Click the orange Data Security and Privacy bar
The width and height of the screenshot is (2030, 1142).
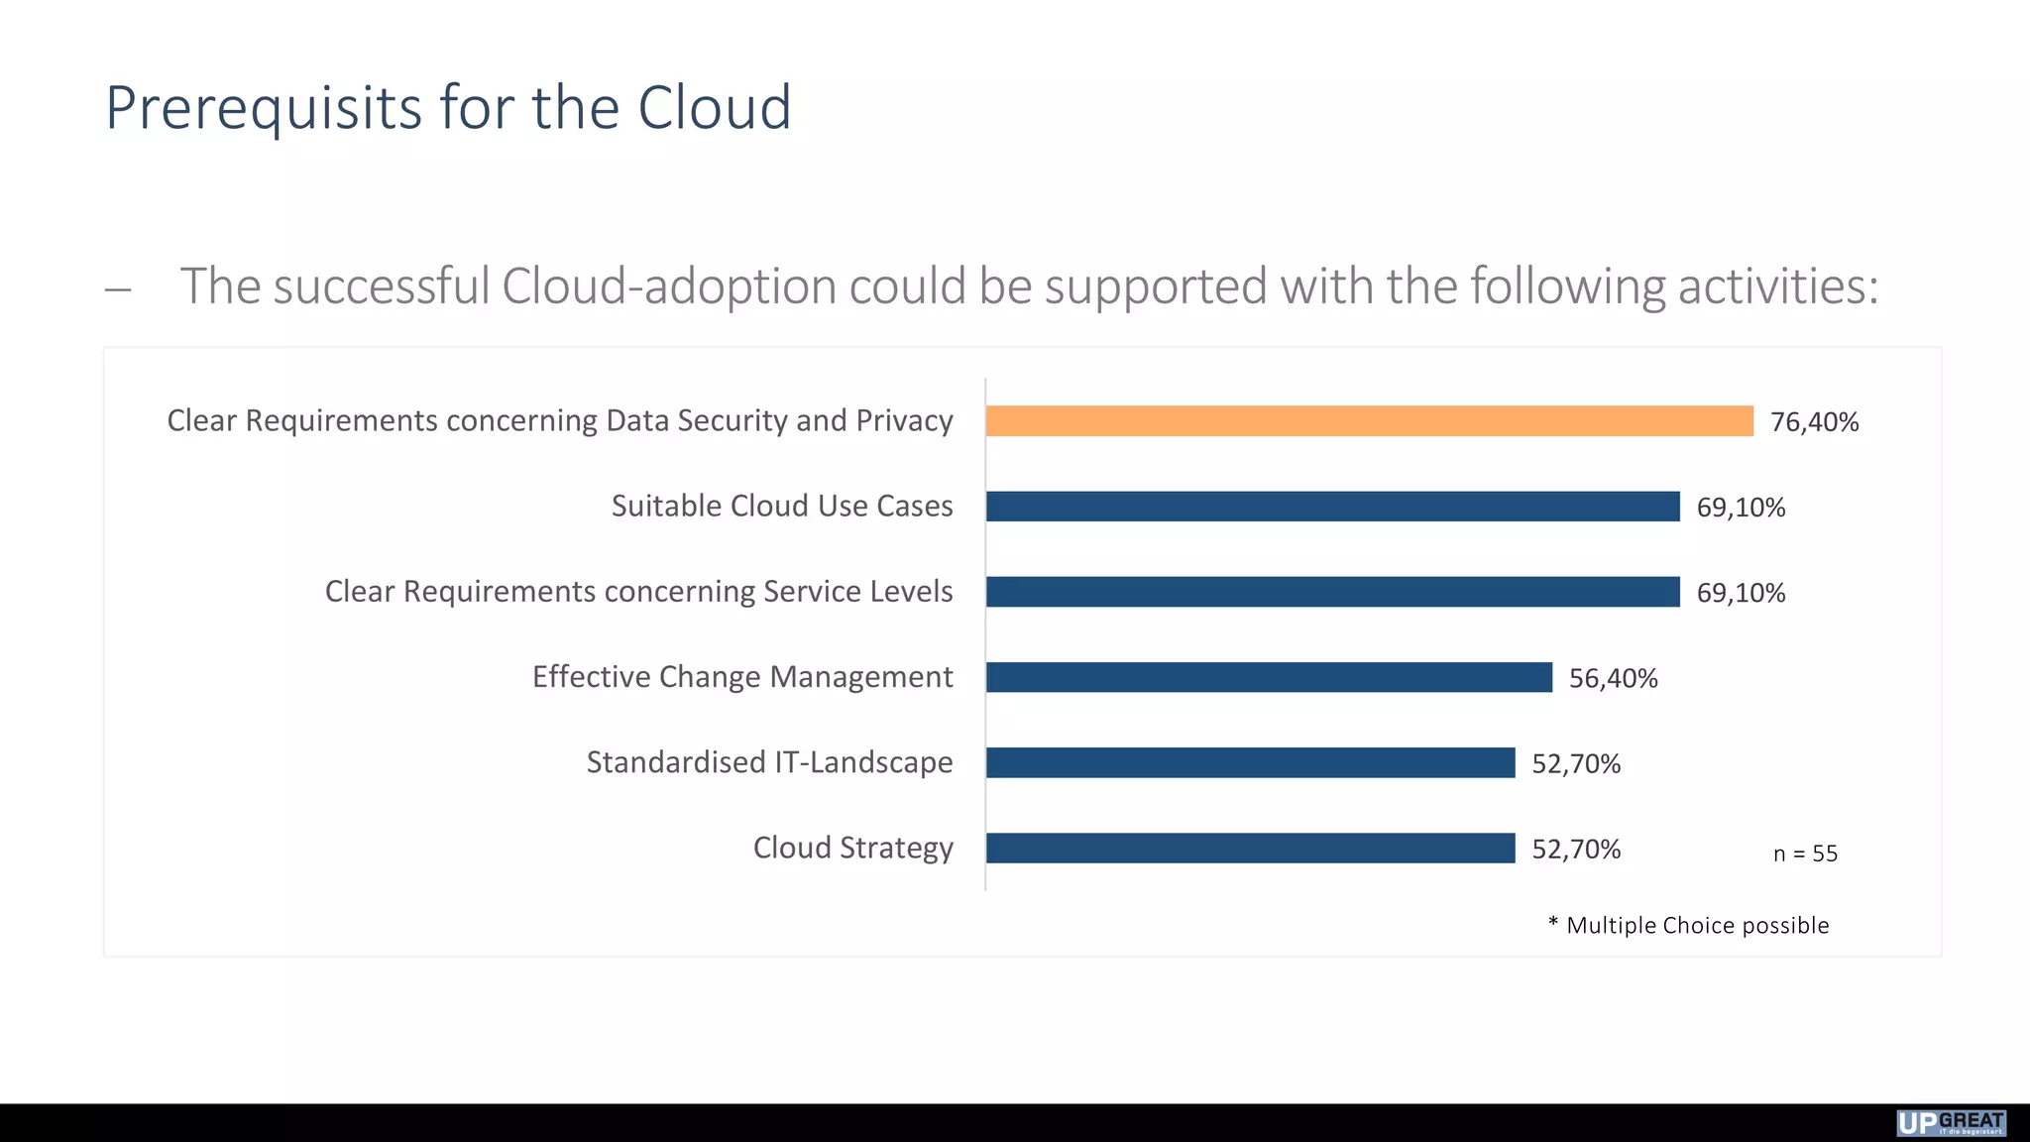1369,421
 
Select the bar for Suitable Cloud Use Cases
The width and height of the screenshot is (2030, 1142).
1332,507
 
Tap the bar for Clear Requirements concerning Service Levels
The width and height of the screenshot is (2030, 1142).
1332,592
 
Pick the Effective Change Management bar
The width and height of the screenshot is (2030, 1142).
1269,678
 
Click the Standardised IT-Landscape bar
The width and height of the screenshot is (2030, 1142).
1250,763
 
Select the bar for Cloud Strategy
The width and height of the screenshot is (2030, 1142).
1250,849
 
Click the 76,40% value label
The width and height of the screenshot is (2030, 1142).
1814,422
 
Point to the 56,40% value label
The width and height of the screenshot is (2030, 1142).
1613,679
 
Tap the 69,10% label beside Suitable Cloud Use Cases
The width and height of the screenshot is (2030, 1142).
1741,508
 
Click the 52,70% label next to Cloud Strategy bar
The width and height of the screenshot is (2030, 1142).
1576,850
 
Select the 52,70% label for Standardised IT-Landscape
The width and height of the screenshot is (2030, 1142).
1576,764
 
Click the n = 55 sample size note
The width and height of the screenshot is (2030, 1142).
1805,854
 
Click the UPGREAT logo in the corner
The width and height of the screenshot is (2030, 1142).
1951,1123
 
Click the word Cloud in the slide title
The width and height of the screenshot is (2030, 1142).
714,107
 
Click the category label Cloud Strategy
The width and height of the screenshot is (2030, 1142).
852,848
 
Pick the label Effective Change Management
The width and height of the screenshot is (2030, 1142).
742,677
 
